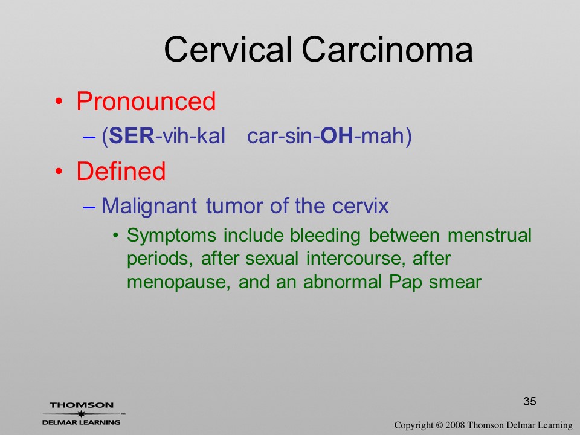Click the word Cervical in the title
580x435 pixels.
pyautogui.click(x=228, y=49)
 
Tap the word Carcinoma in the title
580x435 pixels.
pyautogui.click(x=387, y=49)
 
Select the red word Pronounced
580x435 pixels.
pyautogui.click(x=146, y=101)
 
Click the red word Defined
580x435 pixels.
pyautogui.click(x=121, y=171)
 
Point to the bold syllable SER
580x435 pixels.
pyautogui.click(x=132, y=135)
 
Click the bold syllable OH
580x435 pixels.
pyautogui.click(x=337, y=135)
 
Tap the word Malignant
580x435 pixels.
pyautogui.click(x=149, y=207)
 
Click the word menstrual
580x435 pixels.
pyautogui.click(x=489, y=235)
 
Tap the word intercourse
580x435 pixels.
pyautogui.click(x=353, y=258)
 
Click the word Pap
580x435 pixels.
pyautogui.click(x=405, y=282)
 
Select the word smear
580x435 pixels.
pyautogui.click(x=455, y=282)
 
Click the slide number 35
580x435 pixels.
pyautogui.click(x=530, y=401)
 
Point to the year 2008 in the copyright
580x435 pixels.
pyautogui.click(x=454, y=425)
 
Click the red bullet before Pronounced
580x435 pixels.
pyautogui.click(x=59, y=101)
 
